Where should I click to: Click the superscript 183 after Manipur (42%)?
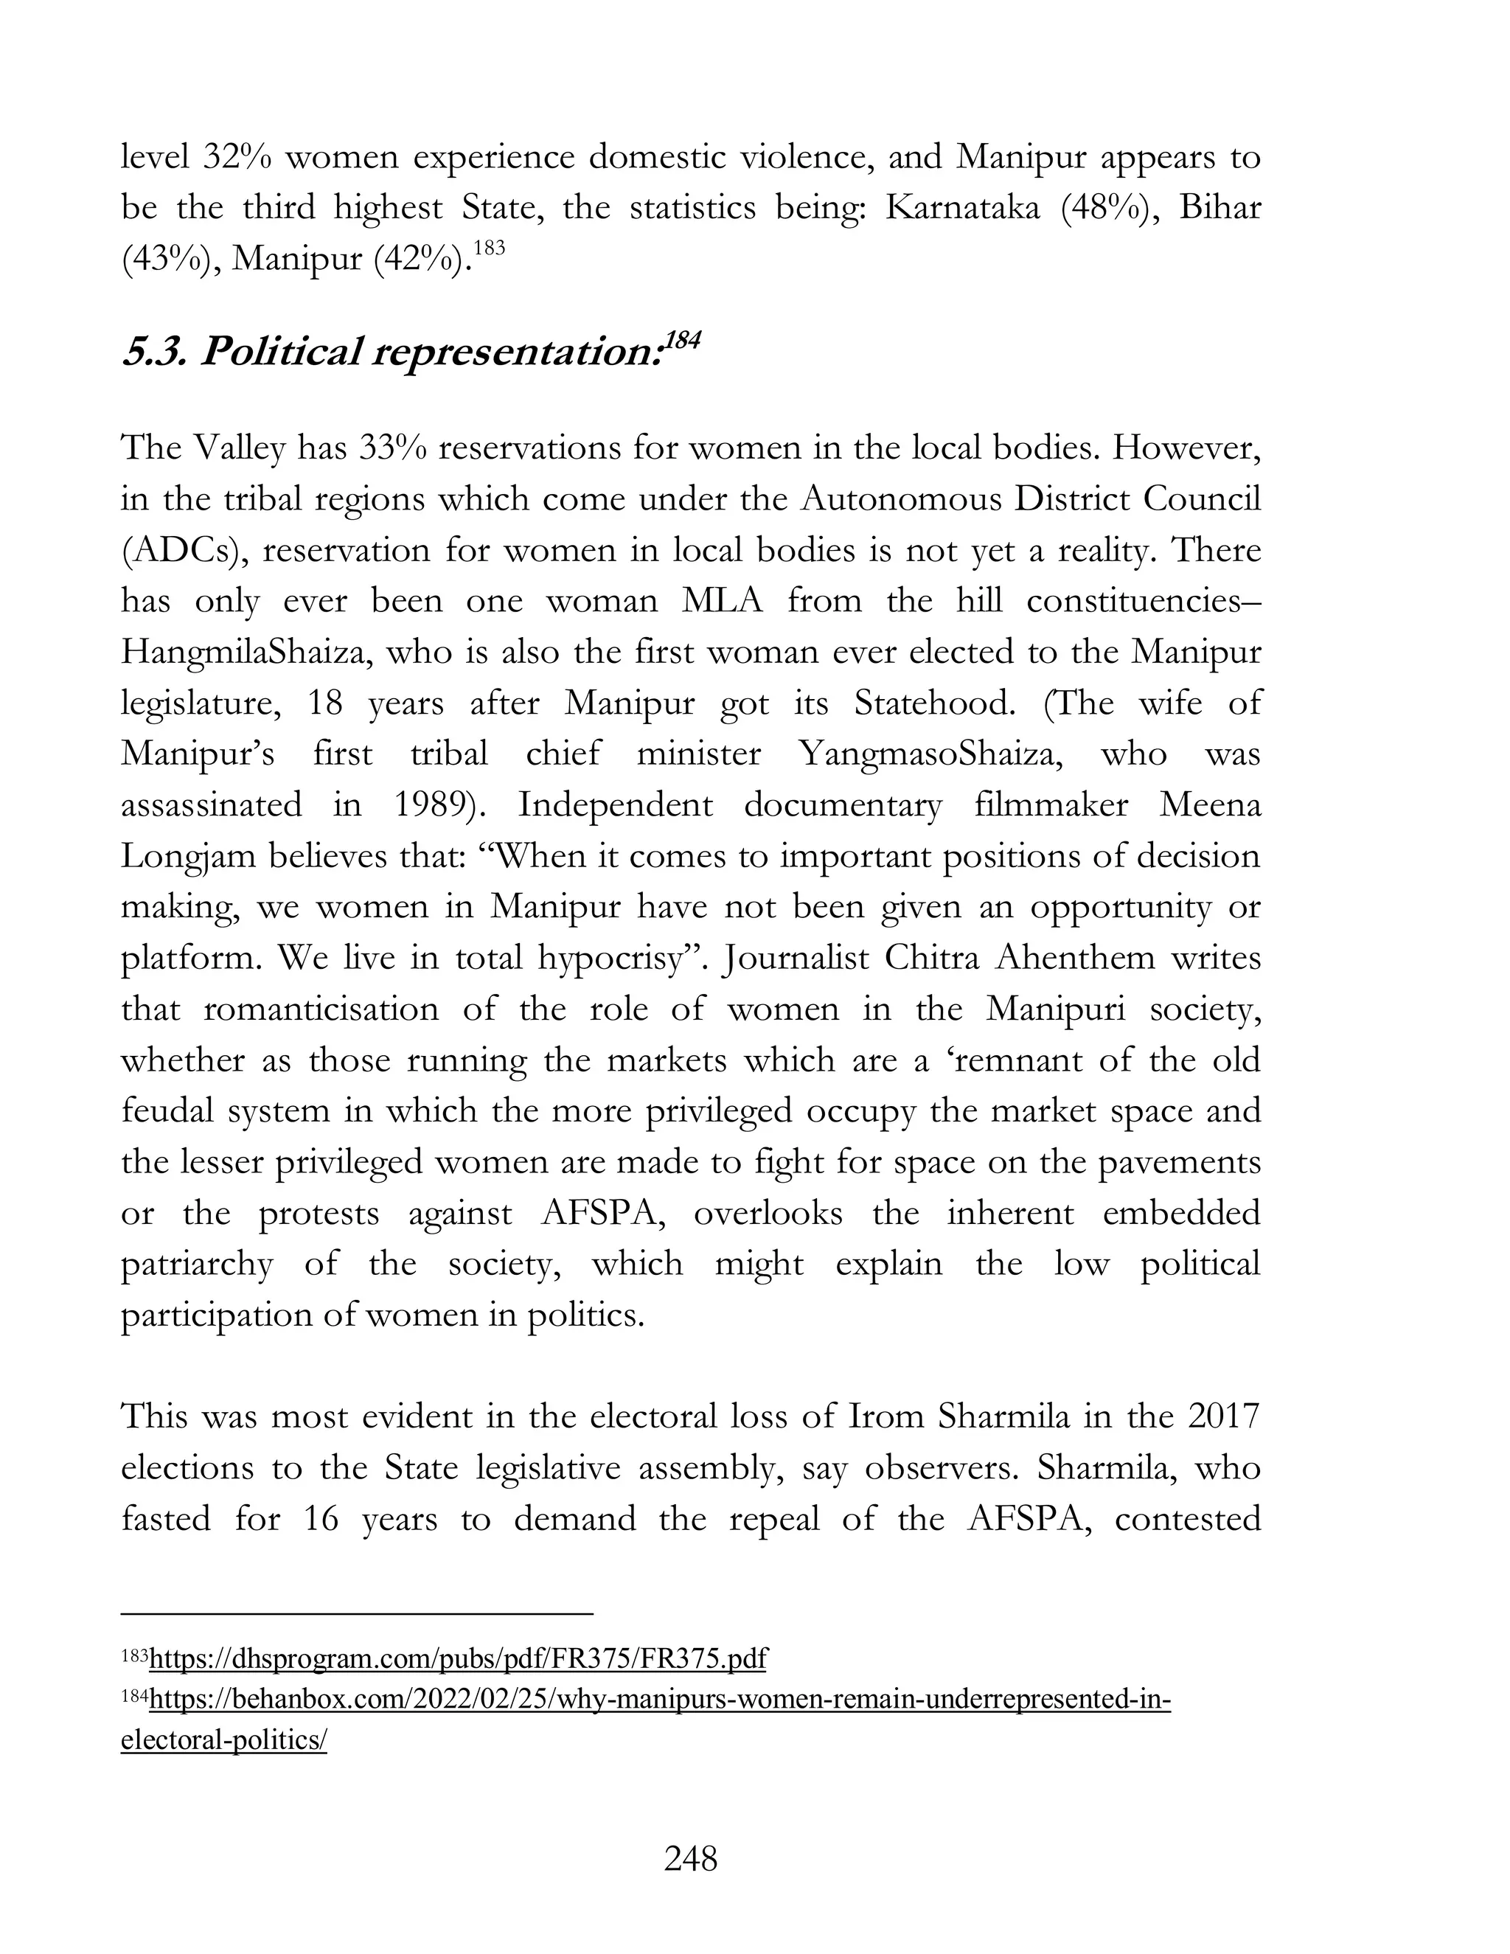pyautogui.click(x=488, y=247)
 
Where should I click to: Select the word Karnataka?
pyautogui.click(x=962, y=208)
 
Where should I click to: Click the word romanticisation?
pyautogui.click(x=321, y=1009)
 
